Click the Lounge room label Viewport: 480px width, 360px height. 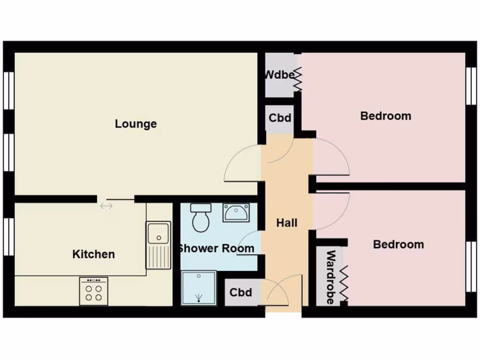(136, 124)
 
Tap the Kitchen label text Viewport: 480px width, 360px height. (93, 254)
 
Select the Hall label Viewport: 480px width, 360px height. (286, 223)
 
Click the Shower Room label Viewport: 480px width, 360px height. (216, 248)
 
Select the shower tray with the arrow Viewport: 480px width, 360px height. (199, 287)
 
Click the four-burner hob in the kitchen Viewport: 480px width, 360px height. (93, 291)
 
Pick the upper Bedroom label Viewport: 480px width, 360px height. (385, 116)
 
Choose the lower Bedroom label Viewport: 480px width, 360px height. (398, 244)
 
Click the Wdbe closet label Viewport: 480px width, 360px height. (279, 75)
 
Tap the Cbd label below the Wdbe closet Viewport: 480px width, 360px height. (280, 118)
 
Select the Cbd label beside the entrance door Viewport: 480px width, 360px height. (241, 292)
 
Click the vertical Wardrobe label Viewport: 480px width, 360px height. (330, 277)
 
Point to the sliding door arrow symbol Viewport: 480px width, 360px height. (106, 205)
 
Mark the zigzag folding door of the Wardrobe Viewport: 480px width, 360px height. (345, 284)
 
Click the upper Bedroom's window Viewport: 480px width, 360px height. (471, 86)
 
